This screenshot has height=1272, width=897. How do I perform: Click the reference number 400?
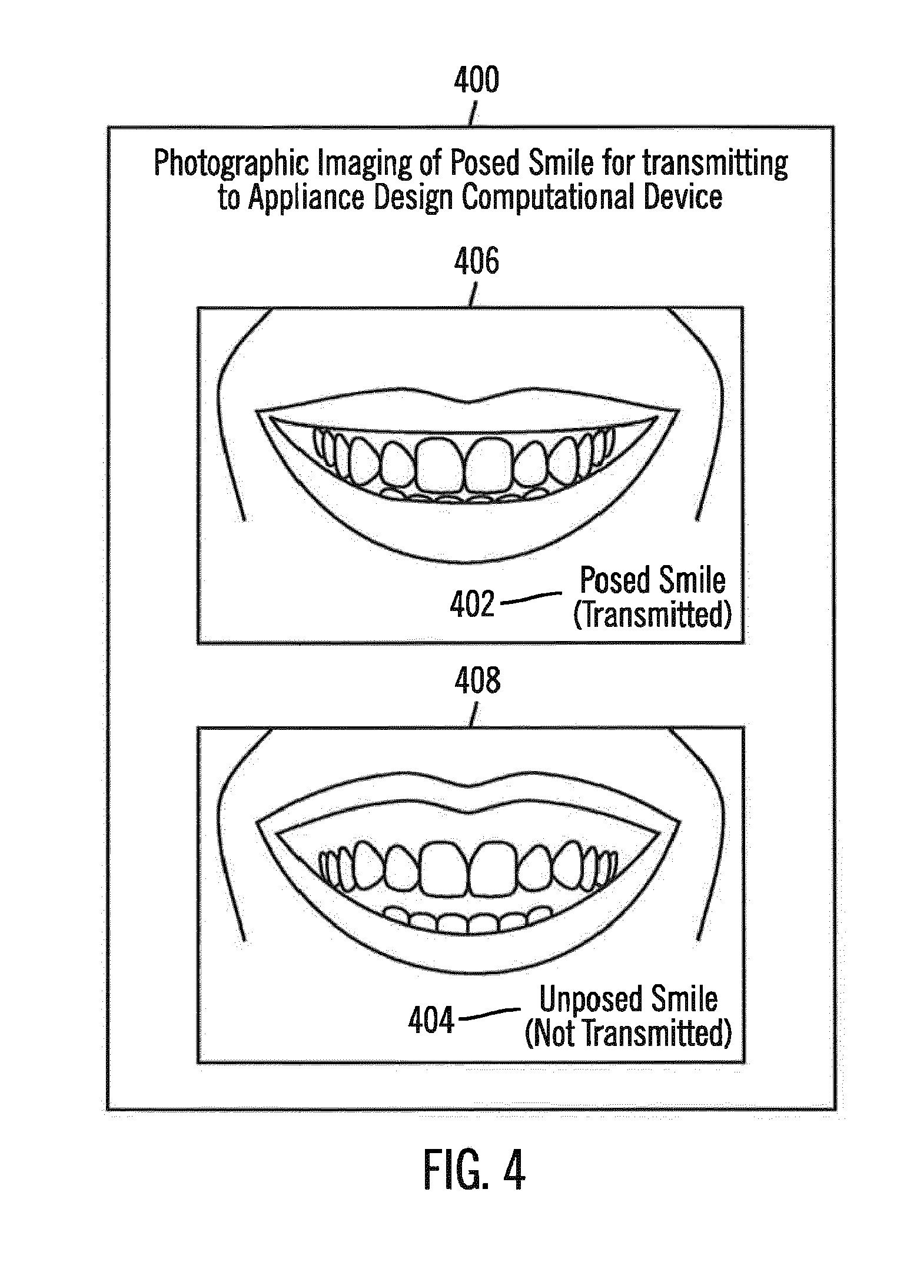pyautogui.click(x=476, y=81)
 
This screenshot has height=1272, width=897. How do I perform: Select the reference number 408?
pyautogui.click(x=477, y=680)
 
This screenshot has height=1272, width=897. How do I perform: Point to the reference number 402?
pyautogui.click(x=472, y=605)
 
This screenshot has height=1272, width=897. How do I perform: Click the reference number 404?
pyautogui.click(x=431, y=1021)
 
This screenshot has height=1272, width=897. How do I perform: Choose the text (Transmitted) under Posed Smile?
pyautogui.click(x=652, y=615)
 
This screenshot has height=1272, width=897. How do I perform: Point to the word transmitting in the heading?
pyautogui.click(x=715, y=164)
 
